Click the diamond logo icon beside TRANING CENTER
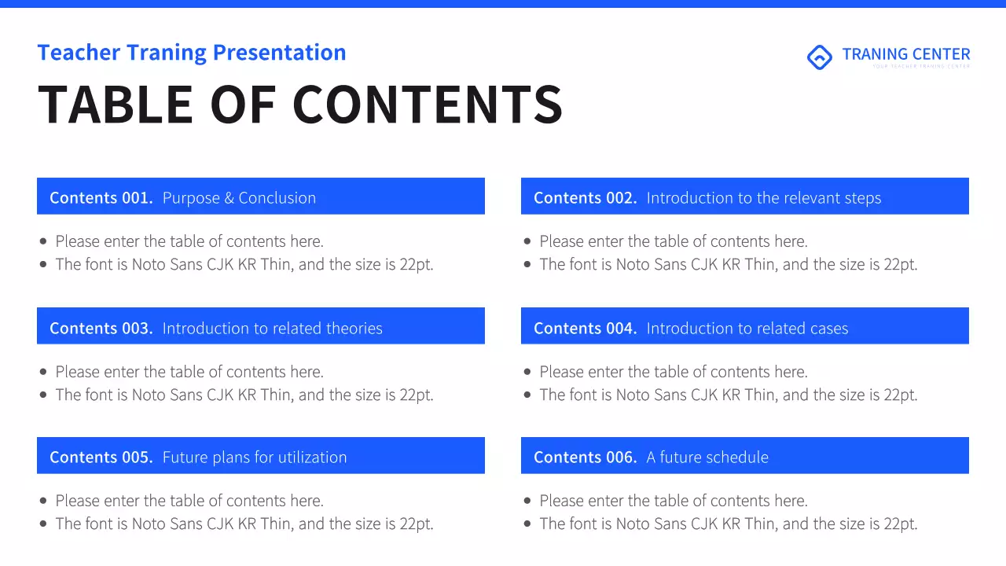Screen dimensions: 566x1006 click(819, 57)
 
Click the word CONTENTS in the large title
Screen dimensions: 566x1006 click(428, 105)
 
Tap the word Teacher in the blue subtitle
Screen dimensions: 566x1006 click(79, 53)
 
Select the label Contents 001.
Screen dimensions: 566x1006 click(101, 198)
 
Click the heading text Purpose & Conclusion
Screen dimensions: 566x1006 click(239, 198)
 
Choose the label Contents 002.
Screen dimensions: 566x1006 click(585, 198)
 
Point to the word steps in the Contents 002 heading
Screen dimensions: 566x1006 click(860, 198)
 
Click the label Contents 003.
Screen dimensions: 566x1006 click(101, 329)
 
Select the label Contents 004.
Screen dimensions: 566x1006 click(585, 329)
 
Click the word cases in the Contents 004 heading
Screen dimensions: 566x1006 click(827, 329)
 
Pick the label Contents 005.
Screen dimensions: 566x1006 click(101, 458)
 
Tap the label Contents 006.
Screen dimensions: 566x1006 click(585, 458)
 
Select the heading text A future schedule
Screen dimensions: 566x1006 click(707, 458)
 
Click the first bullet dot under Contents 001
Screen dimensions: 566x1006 click(43, 241)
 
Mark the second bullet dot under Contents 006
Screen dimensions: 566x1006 click(527, 524)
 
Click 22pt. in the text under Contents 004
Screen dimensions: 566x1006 click(900, 395)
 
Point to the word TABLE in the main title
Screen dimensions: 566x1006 click(115, 105)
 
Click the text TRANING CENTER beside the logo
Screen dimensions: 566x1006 click(905, 54)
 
